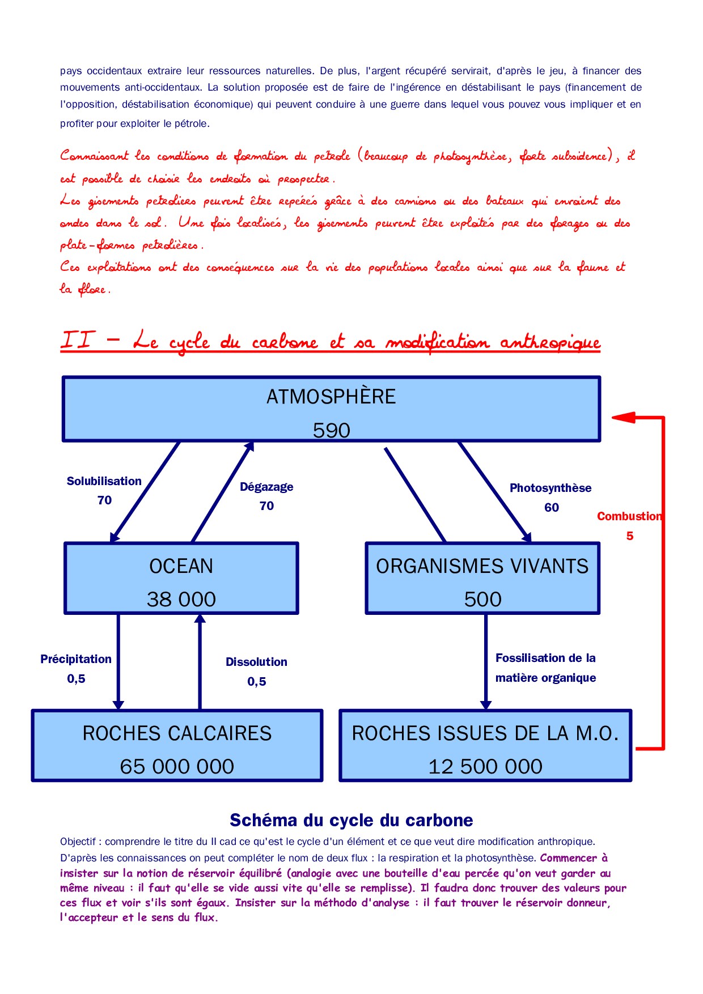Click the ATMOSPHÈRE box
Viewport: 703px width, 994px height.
point(331,409)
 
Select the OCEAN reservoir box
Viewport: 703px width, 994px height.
point(181,579)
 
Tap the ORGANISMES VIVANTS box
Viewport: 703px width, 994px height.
point(482,579)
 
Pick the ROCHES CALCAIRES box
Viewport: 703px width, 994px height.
point(177,746)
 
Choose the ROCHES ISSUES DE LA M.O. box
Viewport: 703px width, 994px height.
point(485,746)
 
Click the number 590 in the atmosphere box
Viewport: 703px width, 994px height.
point(332,431)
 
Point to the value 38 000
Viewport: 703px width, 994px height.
point(181,600)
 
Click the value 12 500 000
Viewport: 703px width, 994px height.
point(485,767)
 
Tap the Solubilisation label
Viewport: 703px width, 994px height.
point(104,481)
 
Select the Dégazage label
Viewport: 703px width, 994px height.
point(266,487)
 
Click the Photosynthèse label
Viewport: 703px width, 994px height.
point(550,488)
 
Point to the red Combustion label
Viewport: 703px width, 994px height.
point(629,516)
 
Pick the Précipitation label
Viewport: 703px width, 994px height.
point(76,659)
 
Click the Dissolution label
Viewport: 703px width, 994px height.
point(256,662)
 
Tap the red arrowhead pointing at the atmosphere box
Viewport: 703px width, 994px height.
point(622,418)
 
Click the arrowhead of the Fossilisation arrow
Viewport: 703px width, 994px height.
point(485,704)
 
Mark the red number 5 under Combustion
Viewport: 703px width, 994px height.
point(630,536)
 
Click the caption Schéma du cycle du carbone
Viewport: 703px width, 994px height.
point(351,820)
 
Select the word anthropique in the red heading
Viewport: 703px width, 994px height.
point(550,342)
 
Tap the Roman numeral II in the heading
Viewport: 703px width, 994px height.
point(77,340)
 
